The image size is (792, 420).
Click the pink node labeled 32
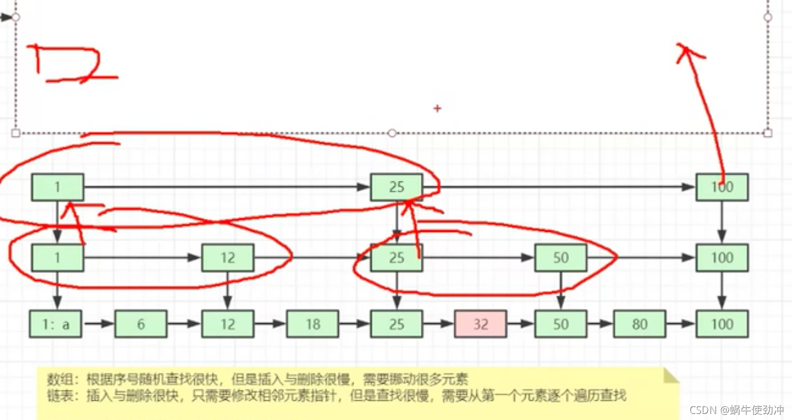479,324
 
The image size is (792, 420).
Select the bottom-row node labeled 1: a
56,324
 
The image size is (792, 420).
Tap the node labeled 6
141,324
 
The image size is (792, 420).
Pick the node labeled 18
312,324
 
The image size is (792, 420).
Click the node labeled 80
639,324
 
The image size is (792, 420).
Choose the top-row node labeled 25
397,187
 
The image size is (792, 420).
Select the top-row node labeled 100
722,187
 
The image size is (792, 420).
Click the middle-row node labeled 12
227,258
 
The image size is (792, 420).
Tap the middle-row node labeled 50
560,258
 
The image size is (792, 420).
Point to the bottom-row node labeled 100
722,324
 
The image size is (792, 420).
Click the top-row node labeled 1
57,187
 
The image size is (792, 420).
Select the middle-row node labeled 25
397,258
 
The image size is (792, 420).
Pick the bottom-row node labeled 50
560,324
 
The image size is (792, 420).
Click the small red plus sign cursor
437,108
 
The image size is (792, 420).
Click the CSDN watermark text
736,410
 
